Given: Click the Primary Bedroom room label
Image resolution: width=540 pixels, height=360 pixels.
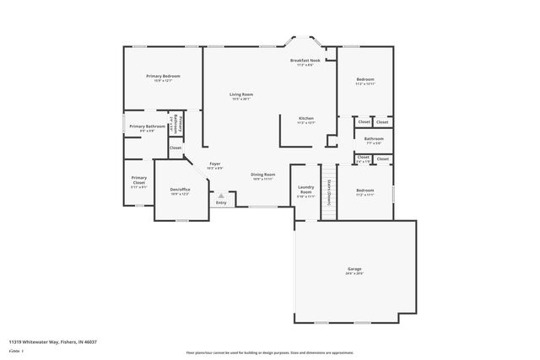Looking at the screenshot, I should click(162, 76).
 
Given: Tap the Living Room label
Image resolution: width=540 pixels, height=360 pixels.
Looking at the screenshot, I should click(242, 94).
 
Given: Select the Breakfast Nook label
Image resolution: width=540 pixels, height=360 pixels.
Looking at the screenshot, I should click(305, 61).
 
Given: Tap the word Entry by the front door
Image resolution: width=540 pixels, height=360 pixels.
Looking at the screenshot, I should click(221, 202).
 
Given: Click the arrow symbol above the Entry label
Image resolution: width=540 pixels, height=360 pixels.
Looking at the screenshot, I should click(222, 195).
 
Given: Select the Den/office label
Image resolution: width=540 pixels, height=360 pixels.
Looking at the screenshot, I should click(180, 190).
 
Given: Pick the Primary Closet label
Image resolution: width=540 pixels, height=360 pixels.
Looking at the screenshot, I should click(139, 180).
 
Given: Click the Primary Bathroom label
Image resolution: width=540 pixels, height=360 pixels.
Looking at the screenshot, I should click(147, 126).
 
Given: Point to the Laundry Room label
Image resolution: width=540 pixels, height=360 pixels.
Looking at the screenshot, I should click(305, 191).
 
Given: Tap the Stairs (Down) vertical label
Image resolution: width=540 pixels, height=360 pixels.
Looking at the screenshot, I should click(328, 190).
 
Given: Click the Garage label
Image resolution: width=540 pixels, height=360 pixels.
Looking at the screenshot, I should click(354, 269).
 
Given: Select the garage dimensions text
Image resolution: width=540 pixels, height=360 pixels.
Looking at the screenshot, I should click(354, 274).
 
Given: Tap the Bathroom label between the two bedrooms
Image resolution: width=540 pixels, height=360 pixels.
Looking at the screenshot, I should click(373, 138).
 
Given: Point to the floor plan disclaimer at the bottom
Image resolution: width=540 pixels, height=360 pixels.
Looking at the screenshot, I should click(269, 352).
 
